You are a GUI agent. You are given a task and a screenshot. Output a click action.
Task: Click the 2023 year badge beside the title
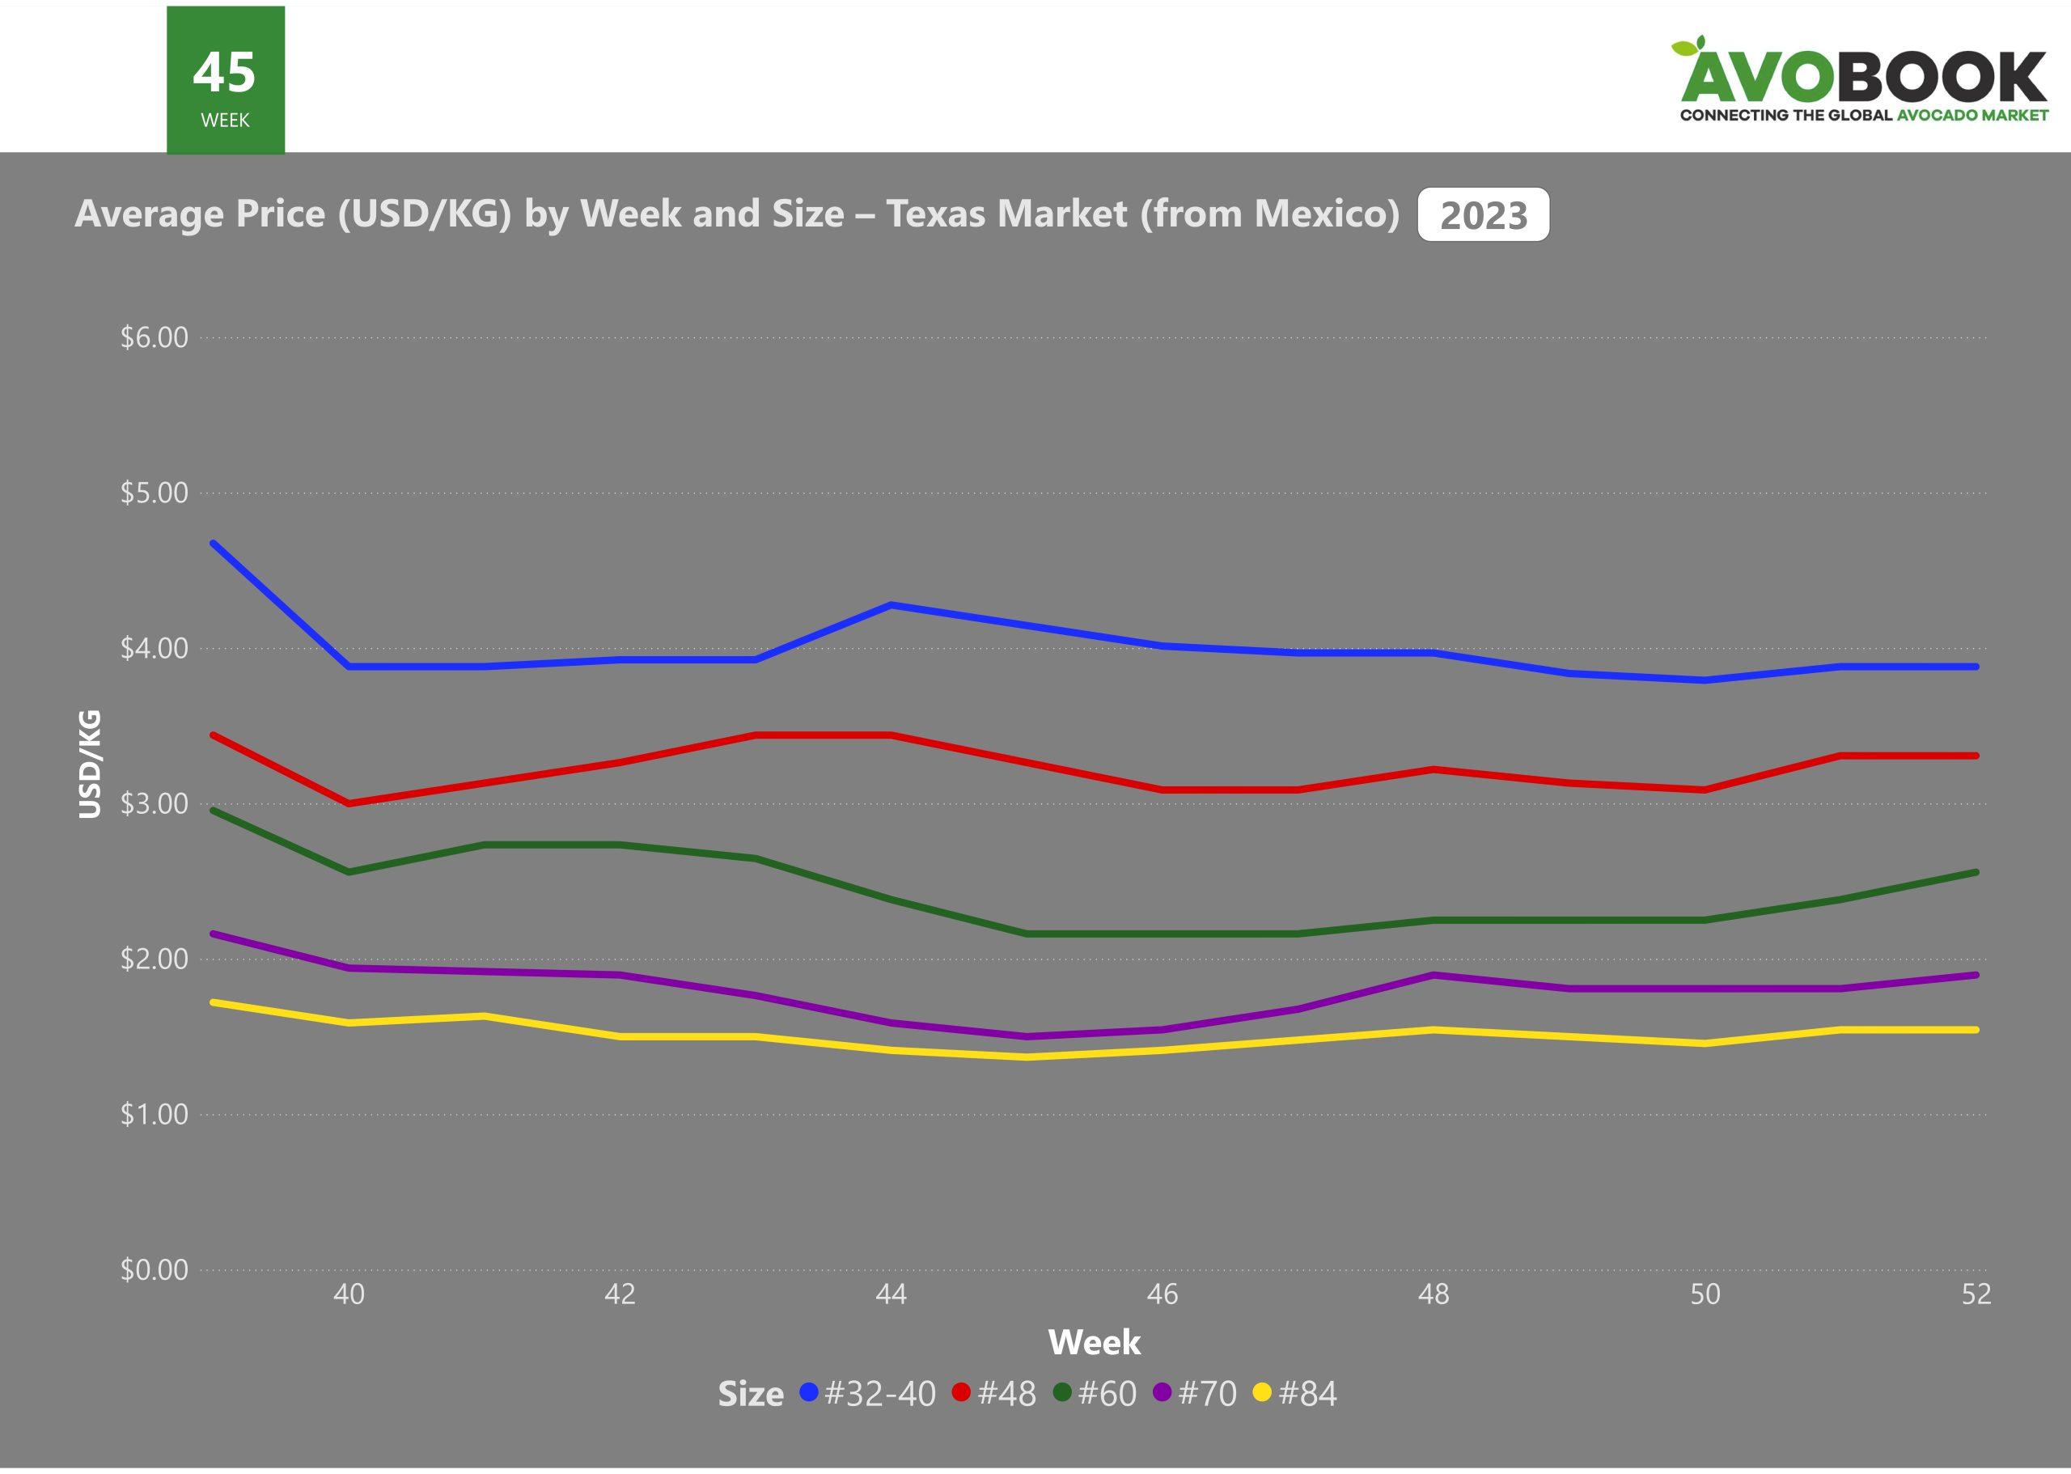[x=1483, y=215]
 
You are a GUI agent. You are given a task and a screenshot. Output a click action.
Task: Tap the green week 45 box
[x=225, y=80]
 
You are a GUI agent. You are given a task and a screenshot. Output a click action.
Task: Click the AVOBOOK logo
[x=1861, y=80]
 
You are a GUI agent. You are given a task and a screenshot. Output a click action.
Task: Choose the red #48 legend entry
[x=995, y=1393]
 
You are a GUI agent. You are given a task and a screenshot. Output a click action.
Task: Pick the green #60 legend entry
[x=1095, y=1393]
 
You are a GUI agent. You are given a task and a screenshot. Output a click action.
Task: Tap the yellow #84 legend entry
[x=1295, y=1393]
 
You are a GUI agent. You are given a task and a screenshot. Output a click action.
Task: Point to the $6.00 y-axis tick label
[x=155, y=337]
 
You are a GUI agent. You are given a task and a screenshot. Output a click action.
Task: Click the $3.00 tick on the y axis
[x=155, y=804]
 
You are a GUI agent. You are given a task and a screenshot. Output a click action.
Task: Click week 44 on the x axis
[x=892, y=1294]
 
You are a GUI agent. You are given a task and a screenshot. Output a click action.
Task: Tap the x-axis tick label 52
[x=1976, y=1294]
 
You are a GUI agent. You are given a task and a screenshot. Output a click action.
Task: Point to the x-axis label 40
[x=349, y=1294]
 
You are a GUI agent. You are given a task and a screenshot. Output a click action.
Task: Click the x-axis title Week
[x=1094, y=1342]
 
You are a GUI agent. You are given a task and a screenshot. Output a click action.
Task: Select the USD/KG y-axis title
[x=90, y=765]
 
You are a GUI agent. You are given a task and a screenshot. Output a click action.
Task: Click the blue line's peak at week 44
[x=892, y=604]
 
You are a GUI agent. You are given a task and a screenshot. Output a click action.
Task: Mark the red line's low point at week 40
[x=349, y=803]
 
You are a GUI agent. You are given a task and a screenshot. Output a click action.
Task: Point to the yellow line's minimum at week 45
[x=1027, y=1057]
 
